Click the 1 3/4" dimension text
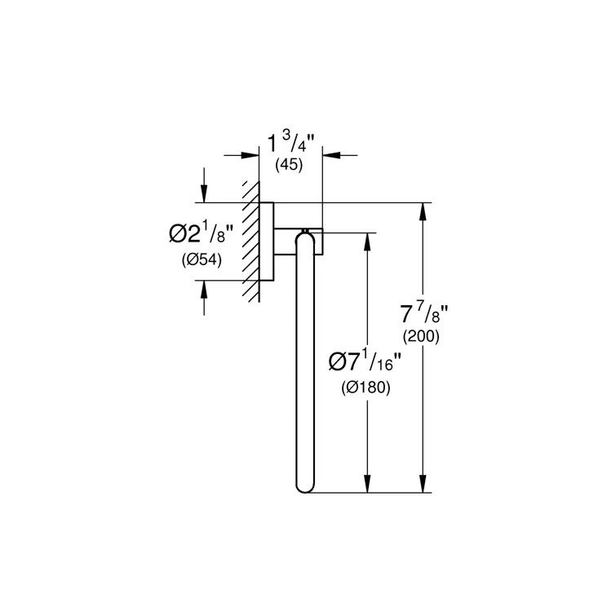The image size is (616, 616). (291, 144)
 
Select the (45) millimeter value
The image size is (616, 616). (289, 165)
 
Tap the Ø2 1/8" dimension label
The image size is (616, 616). (201, 234)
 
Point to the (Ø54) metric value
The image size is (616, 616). (202, 259)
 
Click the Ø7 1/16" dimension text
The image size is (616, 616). (365, 361)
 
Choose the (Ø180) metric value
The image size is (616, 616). (366, 388)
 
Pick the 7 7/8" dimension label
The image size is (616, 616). (424, 314)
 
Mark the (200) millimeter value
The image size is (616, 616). (421, 336)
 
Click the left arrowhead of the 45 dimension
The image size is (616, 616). (250, 155)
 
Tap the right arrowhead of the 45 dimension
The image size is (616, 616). (331, 155)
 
